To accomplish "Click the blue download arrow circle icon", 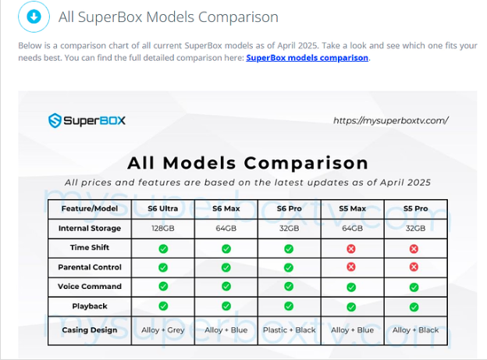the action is (34, 16).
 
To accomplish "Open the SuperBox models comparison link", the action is (307, 58).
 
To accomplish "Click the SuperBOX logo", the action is (87, 120).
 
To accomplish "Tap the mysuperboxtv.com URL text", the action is (391, 120).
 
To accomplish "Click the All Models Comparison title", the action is (248, 163).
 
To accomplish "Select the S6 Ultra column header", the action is (163, 209).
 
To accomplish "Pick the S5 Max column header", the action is (352, 209).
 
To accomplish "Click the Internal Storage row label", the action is (90, 228).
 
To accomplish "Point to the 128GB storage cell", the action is (163, 229).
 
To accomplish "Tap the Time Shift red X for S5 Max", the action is (351, 248).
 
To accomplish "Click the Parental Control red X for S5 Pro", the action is (414, 267).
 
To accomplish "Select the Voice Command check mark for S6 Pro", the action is (289, 287).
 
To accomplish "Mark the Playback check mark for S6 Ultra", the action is (163, 306).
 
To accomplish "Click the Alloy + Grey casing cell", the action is (163, 330).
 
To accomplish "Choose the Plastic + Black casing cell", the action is (289, 330).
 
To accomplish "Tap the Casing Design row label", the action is (90, 330).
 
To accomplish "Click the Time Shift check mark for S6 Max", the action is (226, 248).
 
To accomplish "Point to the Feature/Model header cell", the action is (90, 209).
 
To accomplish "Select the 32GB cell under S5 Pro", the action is (415, 229).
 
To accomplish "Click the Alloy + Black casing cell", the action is (415, 330).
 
